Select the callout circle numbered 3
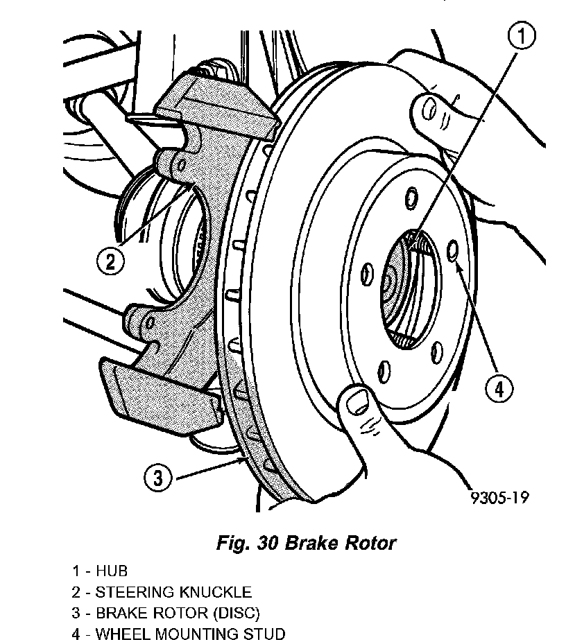click(159, 478)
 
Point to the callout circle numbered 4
click(498, 388)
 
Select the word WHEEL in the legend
click(119, 634)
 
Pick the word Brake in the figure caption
click(307, 543)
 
